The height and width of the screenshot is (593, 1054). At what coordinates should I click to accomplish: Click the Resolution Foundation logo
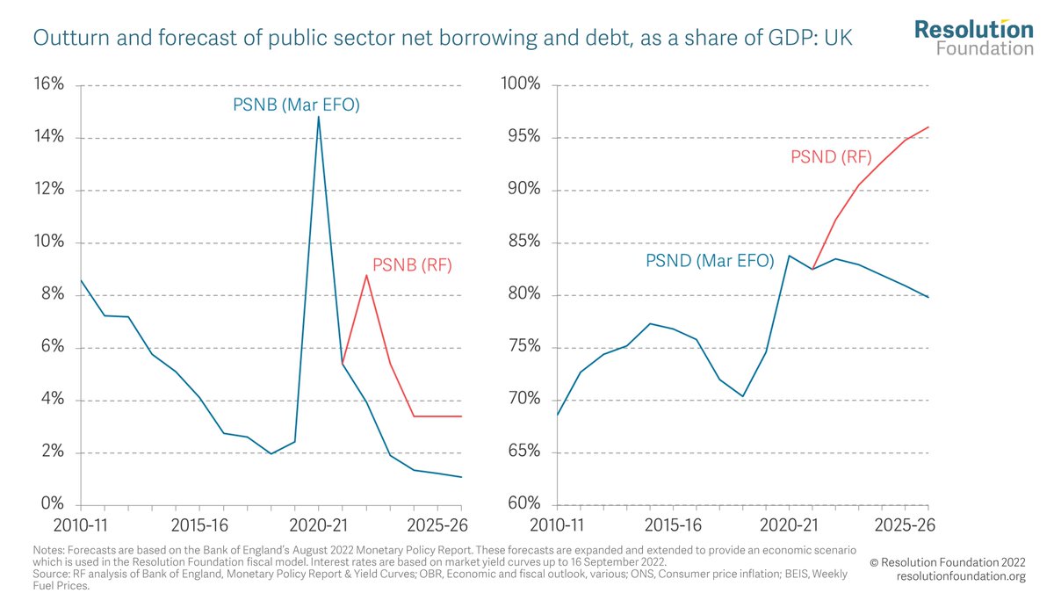click(973, 38)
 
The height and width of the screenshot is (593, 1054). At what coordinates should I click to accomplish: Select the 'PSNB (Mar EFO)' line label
click(297, 105)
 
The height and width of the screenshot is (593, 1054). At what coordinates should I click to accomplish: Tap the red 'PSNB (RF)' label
click(412, 264)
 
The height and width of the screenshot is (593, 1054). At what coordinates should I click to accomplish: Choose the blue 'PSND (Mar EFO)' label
click(710, 261)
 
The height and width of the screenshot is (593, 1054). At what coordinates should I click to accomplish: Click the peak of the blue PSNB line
click(318, 117)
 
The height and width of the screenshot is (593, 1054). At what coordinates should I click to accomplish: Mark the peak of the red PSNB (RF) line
click(366, 276)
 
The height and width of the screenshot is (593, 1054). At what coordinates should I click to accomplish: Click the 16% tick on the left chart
click(48, 85)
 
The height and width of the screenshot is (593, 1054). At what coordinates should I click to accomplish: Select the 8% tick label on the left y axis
click(52, 295)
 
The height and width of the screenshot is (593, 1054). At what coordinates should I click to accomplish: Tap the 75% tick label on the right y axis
click(522, 348)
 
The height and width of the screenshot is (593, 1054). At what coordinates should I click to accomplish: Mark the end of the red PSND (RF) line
click(928, 127)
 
